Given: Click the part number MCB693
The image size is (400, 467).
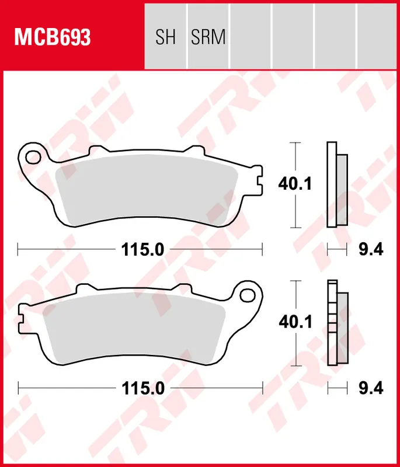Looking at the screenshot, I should click(53, 38).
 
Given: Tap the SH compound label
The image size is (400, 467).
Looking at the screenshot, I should click(165, 38).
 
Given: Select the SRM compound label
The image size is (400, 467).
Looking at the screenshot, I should click(208, 38).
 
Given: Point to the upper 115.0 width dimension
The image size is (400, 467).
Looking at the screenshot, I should click(141, 250).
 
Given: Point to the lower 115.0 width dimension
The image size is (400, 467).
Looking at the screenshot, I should click(141, 388).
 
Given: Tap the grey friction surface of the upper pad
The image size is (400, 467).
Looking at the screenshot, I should click(146, 187).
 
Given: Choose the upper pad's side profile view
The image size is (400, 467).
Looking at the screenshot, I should click(336, 185).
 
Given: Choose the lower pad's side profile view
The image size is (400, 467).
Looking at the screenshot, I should click(336, 323).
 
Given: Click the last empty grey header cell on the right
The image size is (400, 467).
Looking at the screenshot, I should click(377, 35).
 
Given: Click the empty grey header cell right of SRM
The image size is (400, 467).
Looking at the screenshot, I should click(251, 35).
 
